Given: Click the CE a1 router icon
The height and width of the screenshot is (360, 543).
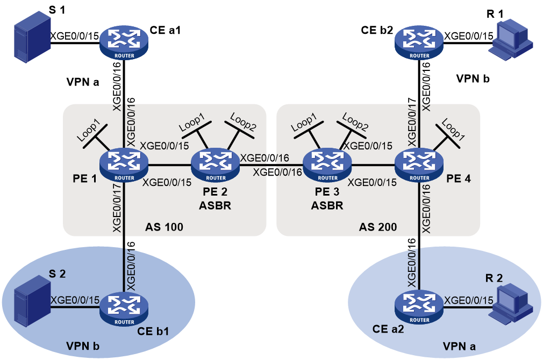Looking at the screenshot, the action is tap(124, 43).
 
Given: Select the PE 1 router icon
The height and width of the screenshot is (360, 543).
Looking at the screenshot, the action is tap(124, 165).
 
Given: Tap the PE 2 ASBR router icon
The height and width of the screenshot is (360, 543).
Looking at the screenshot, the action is tap(216, 165).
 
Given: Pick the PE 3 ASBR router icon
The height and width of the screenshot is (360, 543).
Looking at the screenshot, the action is tap(327, 165).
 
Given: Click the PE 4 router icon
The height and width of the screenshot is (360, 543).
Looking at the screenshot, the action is tap(419, 165).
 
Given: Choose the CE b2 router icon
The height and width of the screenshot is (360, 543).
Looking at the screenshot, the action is tap(419, 43).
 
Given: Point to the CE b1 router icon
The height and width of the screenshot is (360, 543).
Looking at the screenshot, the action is tap(124, 309).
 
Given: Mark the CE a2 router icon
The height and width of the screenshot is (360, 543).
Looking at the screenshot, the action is tap(419, 307).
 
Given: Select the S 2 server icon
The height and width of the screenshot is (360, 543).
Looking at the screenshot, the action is tap(32, 301).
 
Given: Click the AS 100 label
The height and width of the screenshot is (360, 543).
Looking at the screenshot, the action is tap(164, 227).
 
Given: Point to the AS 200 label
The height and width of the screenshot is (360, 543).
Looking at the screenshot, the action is tap(378, 227).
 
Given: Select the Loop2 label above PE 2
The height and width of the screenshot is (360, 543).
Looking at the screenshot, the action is tap(243, 122).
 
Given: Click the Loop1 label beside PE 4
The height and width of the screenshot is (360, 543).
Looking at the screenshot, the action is tap(453, 129).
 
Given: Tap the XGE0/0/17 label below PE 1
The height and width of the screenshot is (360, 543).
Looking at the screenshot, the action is tap(117, 208).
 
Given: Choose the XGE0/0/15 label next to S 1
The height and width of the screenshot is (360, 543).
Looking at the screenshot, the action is tap(75, 36).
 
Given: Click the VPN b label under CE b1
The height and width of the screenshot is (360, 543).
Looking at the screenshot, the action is tap(83, 346).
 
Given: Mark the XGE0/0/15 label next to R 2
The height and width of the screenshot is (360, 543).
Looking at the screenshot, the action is tap(469, 300).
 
